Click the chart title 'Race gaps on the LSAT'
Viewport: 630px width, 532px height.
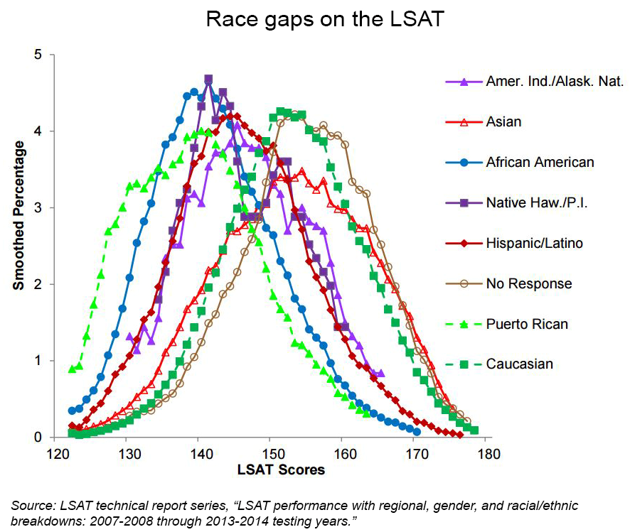point(324,19)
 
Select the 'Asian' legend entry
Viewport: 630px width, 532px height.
point(503,121)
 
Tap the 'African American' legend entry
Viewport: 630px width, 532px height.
point(540,162)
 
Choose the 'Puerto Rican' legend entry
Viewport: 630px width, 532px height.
point(527,324)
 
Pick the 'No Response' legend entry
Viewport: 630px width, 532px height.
point(529,283)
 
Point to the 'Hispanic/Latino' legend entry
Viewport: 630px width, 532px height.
point(535,243)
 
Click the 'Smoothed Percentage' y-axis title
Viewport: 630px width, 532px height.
point(19,215)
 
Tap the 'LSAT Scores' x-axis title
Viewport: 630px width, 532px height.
point(271,469)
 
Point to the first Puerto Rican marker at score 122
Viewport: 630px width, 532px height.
point(72,369)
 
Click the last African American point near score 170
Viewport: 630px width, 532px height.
point(417,431)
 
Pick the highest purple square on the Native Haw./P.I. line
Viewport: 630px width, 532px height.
point(208,80)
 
